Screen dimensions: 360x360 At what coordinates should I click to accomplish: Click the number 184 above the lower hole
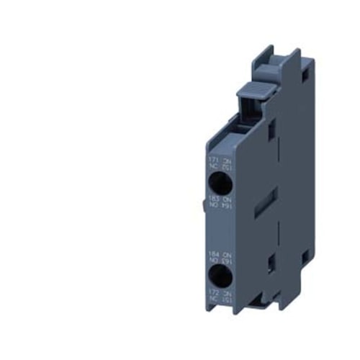(x=212, y=253)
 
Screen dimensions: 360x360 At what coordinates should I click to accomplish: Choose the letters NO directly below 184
(x=212, y=260)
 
